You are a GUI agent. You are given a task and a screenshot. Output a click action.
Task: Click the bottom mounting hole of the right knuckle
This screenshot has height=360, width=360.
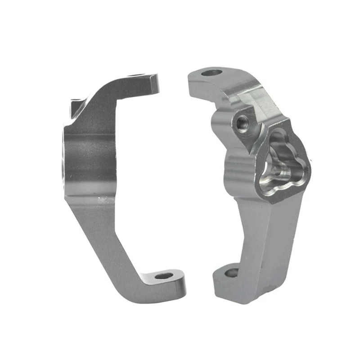point(232,272)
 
